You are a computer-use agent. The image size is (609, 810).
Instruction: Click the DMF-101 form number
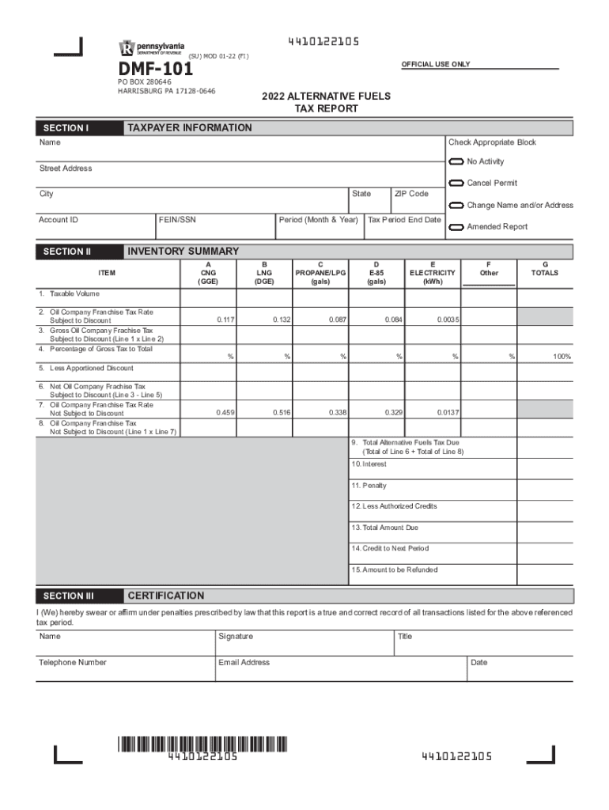coord(156,70)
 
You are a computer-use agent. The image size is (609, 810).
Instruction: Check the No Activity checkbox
coord(456,162)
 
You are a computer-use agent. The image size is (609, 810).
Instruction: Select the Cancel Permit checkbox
coord(456,184)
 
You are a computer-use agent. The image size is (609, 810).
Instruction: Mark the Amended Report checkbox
coord(456,227)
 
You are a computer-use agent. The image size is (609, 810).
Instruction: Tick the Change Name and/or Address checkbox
coord(456,206)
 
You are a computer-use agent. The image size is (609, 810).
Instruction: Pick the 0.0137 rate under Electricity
coord(448,413)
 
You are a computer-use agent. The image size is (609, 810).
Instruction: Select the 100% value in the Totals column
coord(562,358)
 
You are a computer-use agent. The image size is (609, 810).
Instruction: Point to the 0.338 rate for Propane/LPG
coord(338,413)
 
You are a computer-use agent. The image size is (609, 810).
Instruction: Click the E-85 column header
coord(376,273)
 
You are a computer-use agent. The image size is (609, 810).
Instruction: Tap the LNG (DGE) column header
coord(264,273)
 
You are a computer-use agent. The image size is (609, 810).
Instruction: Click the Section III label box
coord(69,596)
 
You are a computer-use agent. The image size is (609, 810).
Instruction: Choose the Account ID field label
coord(59,220)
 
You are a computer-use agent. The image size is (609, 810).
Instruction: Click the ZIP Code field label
coord(411,194)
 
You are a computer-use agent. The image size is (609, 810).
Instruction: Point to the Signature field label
coord(236,637)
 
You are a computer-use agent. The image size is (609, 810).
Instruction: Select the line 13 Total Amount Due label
coord(385,528)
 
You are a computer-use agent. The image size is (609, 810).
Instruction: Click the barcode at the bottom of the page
coord(202,744)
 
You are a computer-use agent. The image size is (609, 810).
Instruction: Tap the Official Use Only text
coord(436,64)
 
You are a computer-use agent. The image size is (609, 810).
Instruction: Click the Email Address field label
coord(244,663)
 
